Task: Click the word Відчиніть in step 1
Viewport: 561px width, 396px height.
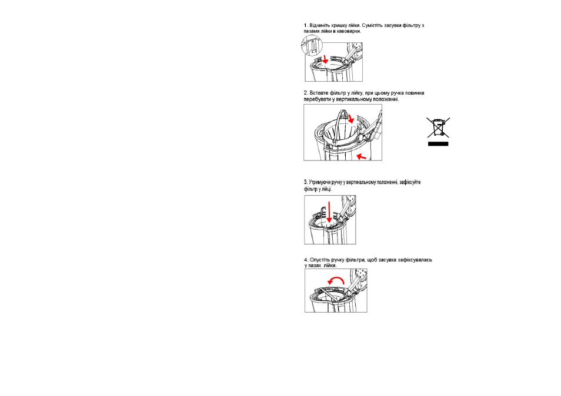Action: (319, 25)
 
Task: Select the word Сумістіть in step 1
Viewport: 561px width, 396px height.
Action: (372, 25)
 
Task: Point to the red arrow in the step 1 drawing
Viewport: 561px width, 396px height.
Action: (325, 59)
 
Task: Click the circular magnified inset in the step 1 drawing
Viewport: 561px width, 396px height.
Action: (312, 45)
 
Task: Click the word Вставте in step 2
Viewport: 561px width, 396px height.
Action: (319, 93)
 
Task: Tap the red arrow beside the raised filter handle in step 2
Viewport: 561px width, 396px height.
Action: (351, 118)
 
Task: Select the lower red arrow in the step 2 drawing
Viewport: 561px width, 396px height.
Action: (362, 156)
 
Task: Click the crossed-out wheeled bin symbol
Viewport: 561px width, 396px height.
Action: (438, 127)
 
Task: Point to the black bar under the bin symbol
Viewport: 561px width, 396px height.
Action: (438, 144)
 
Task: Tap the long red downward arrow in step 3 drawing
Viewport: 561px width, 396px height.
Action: (329, 212)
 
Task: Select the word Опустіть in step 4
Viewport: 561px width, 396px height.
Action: (320, 260)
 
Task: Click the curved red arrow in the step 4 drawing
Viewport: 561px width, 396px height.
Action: (336, 279)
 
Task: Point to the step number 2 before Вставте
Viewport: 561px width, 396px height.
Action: (306, 93)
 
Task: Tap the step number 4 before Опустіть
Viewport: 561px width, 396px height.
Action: (306, 260)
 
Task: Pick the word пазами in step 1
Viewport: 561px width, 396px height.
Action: (311, 31)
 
